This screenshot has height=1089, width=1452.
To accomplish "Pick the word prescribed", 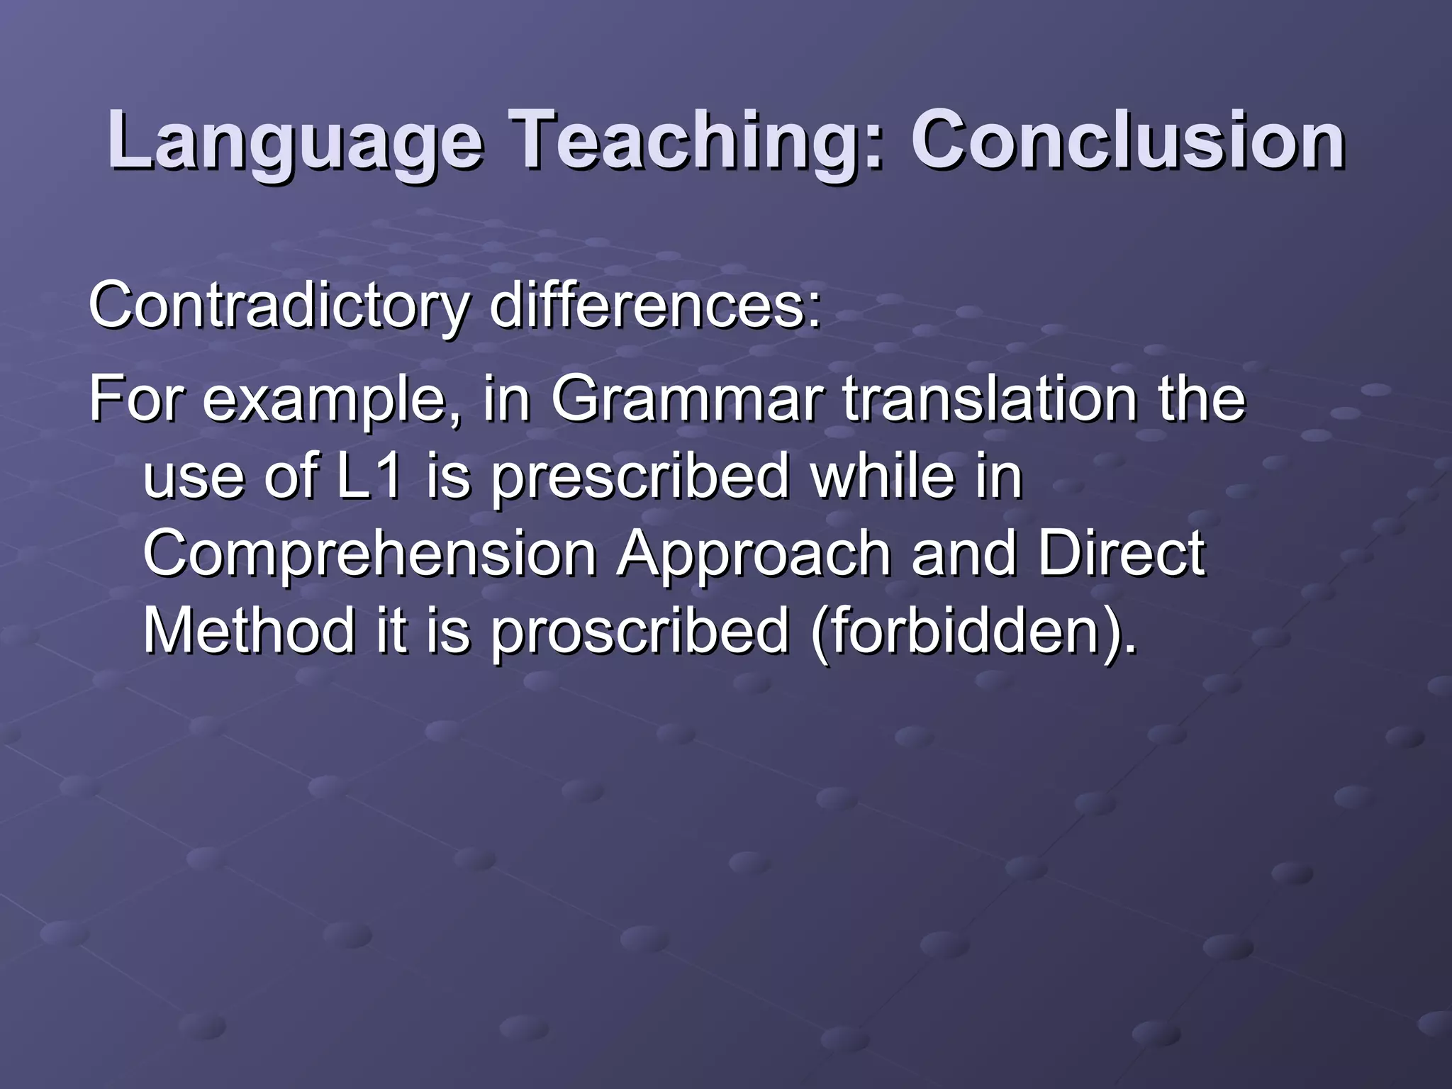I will [x=640, y=476].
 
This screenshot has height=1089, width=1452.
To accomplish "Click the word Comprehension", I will [x=369, y=554].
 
